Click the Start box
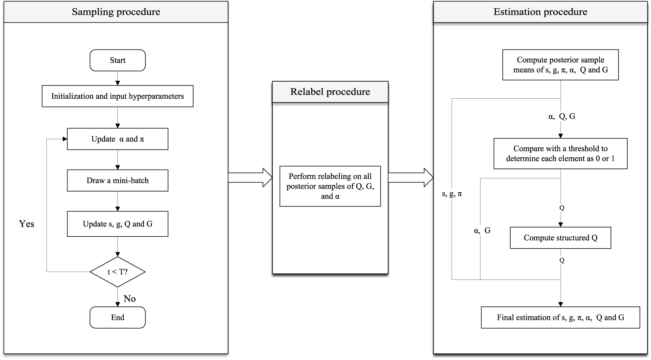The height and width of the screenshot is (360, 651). click(x=117, y=60)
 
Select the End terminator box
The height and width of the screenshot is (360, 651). click(x=117, y=317)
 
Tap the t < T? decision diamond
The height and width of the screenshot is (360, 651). click(x=117, y=272)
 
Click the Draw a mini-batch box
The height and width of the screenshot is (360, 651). click(x=117, y=180)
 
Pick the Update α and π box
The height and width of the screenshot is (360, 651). click(x=117, y=139)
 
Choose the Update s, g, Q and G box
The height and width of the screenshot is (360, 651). click(x=117, y=224)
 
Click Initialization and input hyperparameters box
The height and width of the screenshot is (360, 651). click(x=117, y=96)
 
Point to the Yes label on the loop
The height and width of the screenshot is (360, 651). click(x=27, y=224)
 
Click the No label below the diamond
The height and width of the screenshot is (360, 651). click(x=130, y=299)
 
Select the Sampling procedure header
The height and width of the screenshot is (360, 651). click(x=116, y=12)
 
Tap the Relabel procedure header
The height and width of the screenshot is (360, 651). click(x=330, y=92)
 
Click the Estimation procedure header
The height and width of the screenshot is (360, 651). click(x=540, y=12)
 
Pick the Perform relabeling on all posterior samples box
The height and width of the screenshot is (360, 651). click(x=330, y=186)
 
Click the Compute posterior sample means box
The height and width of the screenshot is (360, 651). click(x=560, y=65)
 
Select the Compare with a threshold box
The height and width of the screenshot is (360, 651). click(x=560, y=153)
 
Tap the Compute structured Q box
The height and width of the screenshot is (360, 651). click(x=560, y=237)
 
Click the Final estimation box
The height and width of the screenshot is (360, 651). click(x=560, y=317)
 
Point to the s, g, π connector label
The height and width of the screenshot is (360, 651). click(x=452, y=194)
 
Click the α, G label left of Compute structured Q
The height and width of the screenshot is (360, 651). click(x=482, y=230)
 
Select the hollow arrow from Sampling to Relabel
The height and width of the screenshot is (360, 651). click(x=250, y=177)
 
